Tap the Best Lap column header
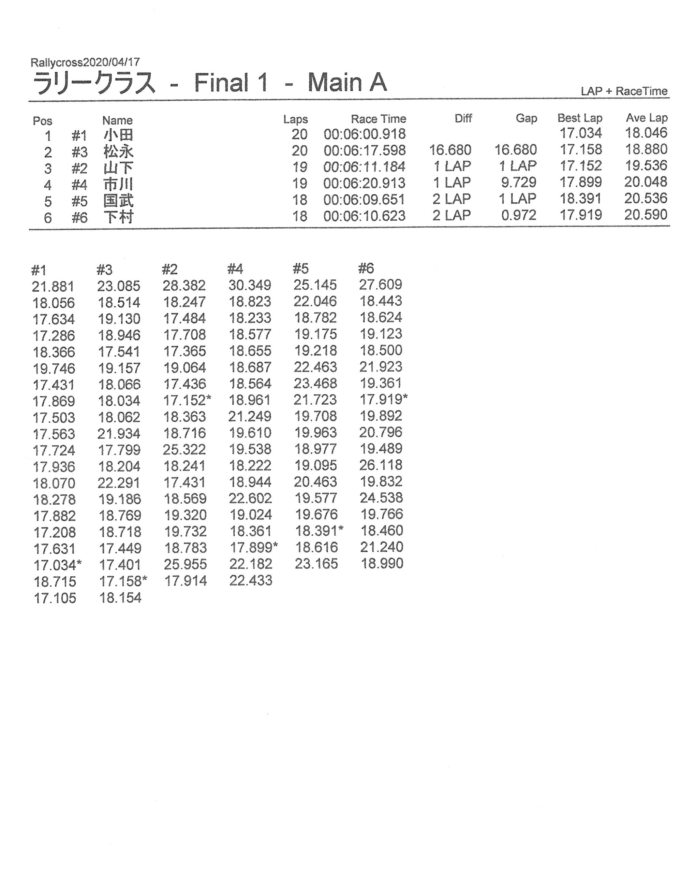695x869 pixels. point(579,118)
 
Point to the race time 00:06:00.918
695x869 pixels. point(364,134)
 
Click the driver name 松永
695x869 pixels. point(118,151)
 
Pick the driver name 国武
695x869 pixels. point(118,201)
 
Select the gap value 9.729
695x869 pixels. point(519,183)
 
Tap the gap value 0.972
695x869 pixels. point(519,215)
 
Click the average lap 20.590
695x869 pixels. point(646,215)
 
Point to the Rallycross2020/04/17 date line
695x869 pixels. point(85,62)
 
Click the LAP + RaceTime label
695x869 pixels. point(624,91)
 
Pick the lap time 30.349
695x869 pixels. point(249,285)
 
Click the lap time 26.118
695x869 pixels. point(381,465)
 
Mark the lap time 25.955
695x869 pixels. point(185,564)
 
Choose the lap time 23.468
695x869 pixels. point(315,383)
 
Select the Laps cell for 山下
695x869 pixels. point(299,167)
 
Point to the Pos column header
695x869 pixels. point(42,121)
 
